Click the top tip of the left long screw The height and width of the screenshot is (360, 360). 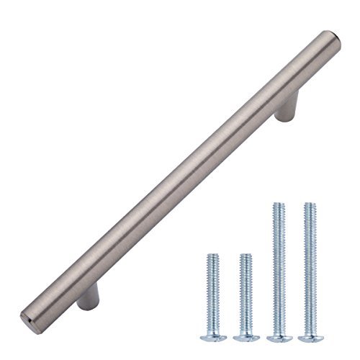(278, 205)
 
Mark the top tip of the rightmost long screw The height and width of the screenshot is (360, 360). (310, 205)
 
